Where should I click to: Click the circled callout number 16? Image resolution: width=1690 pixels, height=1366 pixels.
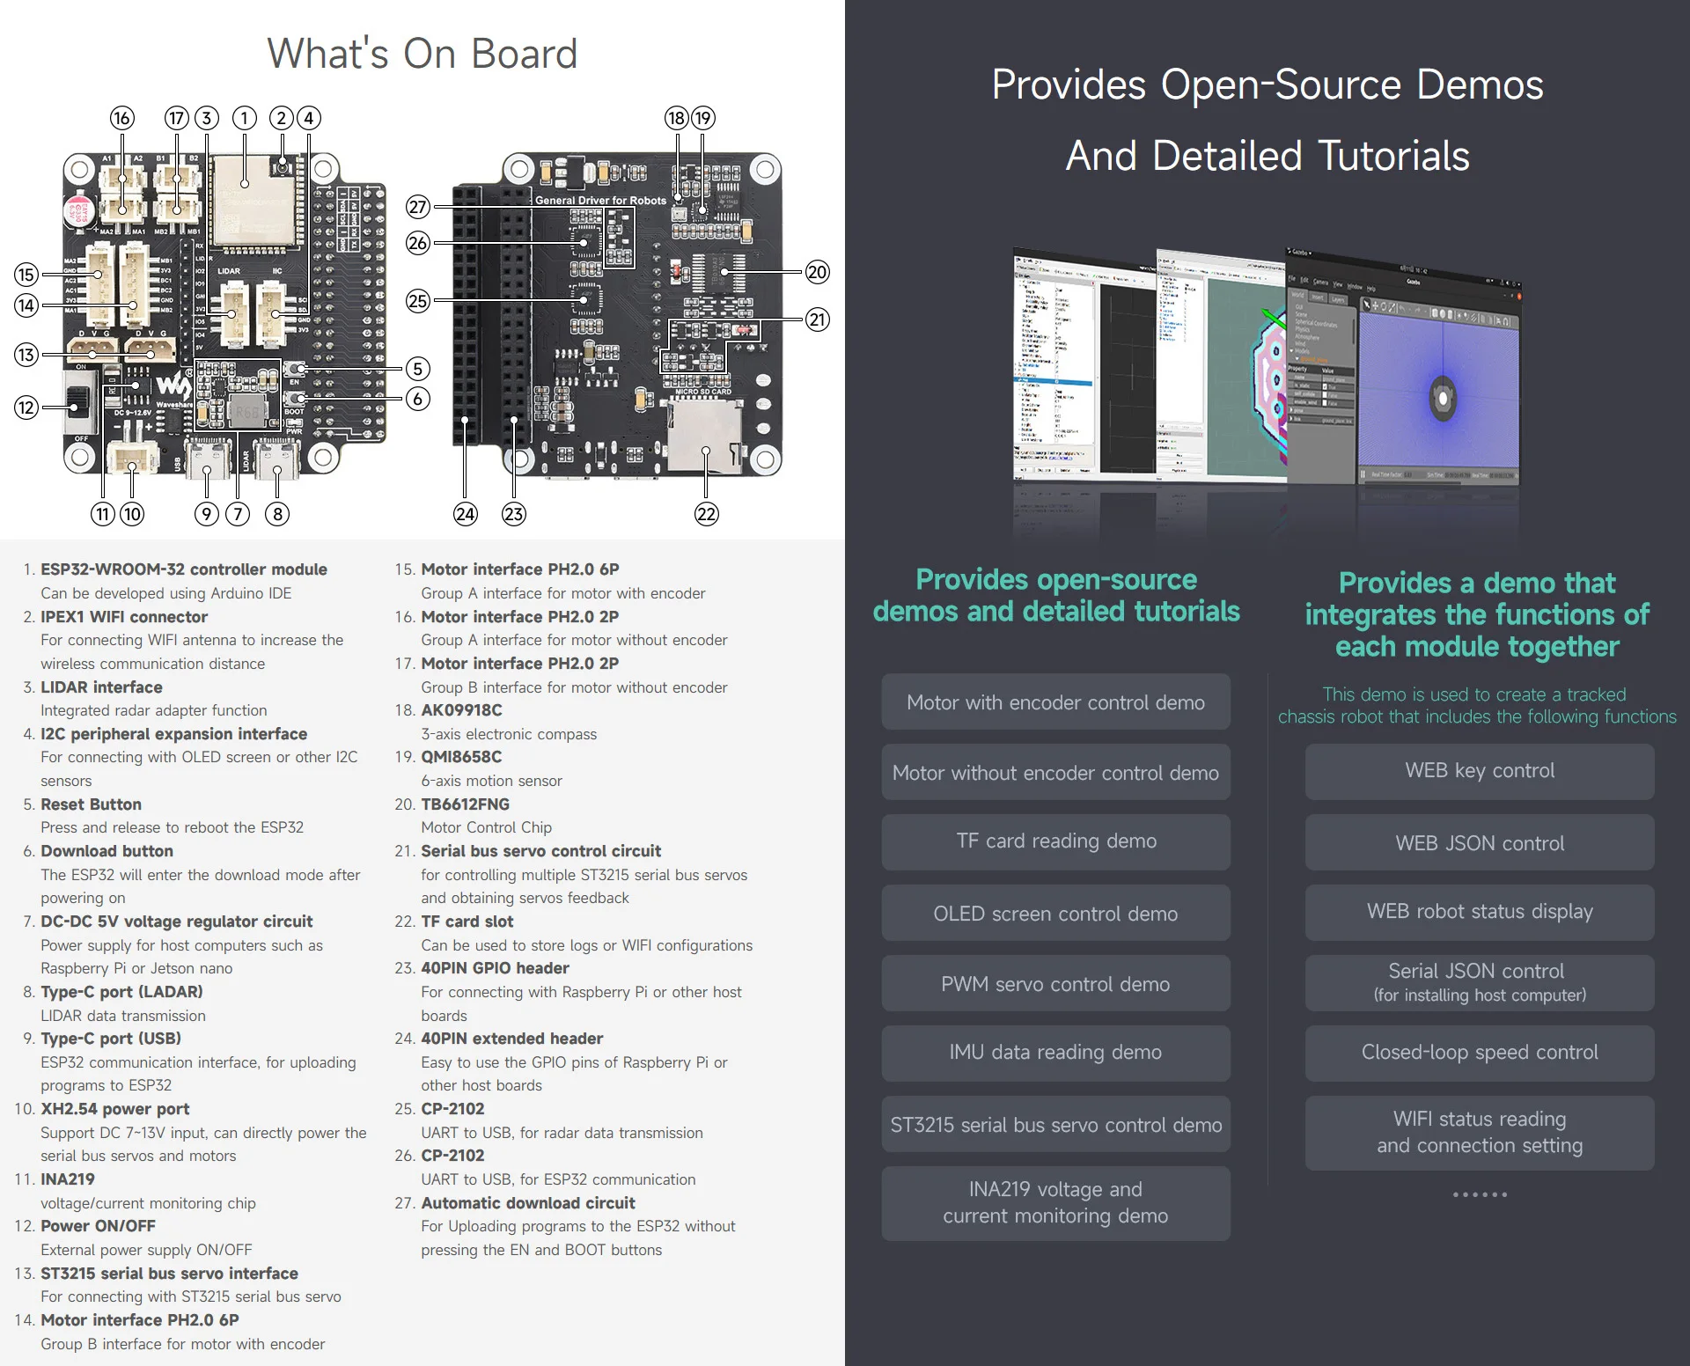pyautogui.click(x=121, y=118)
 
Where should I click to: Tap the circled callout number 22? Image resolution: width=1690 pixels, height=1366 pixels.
pyautogui.click(x=707, y=514)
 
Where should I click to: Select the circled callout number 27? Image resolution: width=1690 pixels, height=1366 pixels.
pyautogui.click(x=418, y=207)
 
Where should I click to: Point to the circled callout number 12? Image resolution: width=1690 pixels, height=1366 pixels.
pyautogui.click(x=26, y=408)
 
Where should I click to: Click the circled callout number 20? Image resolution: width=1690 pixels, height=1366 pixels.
pyautogui.click(x=818, y=272)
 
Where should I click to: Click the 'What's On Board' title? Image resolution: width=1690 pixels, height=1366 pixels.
pyautogui.click(x=422, y=54)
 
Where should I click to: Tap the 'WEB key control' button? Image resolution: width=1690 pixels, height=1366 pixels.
pyautogui.click(x=1480, y=771)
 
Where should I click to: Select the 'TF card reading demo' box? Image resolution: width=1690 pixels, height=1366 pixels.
pyautogui.click(x=1056, y=841)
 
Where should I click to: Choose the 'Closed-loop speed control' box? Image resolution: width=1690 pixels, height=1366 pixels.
pyautogui.click(x=1480, y=1053)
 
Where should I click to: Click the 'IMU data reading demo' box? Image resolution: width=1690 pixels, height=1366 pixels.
pyautogui.click(x=1056, y=1053)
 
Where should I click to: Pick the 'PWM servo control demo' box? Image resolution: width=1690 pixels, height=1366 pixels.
pyautogui.click(x=1056, y=984)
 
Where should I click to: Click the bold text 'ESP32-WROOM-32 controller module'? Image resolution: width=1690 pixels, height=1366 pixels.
pyautogui.click(x=184, y=569)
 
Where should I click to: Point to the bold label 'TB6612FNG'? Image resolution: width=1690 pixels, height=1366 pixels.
pyautogui.click(x=465, y=804)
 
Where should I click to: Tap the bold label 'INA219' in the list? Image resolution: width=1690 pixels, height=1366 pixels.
pyautogui.click(x=68, y=1179)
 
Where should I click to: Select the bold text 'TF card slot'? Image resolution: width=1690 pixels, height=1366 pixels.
pyautogui.click(x=467, y=922)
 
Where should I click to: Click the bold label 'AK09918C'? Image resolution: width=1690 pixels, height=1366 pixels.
pyautogui.click(x=461, y=710)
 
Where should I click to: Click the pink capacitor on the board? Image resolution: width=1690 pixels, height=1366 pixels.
pyautogui.click(x=78, y=210)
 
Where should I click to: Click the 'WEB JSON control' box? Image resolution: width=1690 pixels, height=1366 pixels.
pyautogui.click(x=1480, y=843)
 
